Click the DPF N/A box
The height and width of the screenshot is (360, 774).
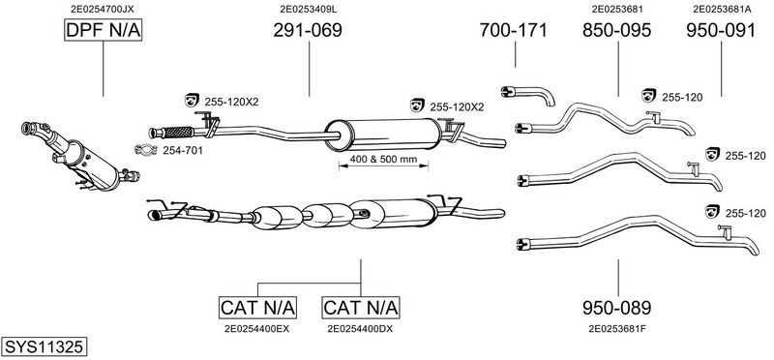104,31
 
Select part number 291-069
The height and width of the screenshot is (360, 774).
308,31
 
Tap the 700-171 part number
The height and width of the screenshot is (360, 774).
514,31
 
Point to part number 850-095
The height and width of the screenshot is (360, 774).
617,31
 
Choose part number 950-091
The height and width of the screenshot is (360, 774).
721,31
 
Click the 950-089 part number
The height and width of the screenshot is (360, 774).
617,308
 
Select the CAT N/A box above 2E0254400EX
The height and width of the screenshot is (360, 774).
257,308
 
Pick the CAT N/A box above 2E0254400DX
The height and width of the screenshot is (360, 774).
361,308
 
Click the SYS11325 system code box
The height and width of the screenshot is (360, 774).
44,346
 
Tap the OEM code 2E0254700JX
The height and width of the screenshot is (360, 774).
103,9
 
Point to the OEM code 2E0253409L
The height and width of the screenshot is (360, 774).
309,9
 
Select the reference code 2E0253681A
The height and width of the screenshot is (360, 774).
721,9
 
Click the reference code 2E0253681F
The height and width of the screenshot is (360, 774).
617,328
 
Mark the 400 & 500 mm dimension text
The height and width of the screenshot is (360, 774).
383,160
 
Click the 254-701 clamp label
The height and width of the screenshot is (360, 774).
183,151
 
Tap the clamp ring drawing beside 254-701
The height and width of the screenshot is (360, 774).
146,150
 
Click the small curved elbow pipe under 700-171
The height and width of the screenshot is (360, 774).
528,94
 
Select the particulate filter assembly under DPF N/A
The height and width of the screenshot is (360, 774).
79,156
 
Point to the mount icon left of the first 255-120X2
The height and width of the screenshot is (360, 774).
191,100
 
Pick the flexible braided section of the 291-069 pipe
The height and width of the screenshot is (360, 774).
178,133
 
